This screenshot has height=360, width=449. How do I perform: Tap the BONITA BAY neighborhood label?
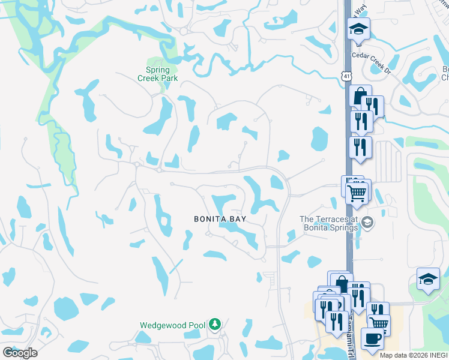(220, 220)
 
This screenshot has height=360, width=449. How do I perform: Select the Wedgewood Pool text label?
(173, 325)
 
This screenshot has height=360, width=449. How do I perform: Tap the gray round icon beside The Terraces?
(367, 223)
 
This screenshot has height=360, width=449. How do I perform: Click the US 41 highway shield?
(345, 76)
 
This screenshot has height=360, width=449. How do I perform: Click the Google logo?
(19, 352)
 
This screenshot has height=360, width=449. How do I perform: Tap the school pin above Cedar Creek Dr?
(358, 29)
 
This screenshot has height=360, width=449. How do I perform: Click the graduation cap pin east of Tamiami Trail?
(429, 279)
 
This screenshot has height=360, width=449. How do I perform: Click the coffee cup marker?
(372, 338)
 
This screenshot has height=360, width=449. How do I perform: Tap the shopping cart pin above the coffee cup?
(379, 325)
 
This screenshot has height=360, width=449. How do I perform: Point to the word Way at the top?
(361, 10)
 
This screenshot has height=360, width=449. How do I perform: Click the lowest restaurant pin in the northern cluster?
(360, 147)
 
